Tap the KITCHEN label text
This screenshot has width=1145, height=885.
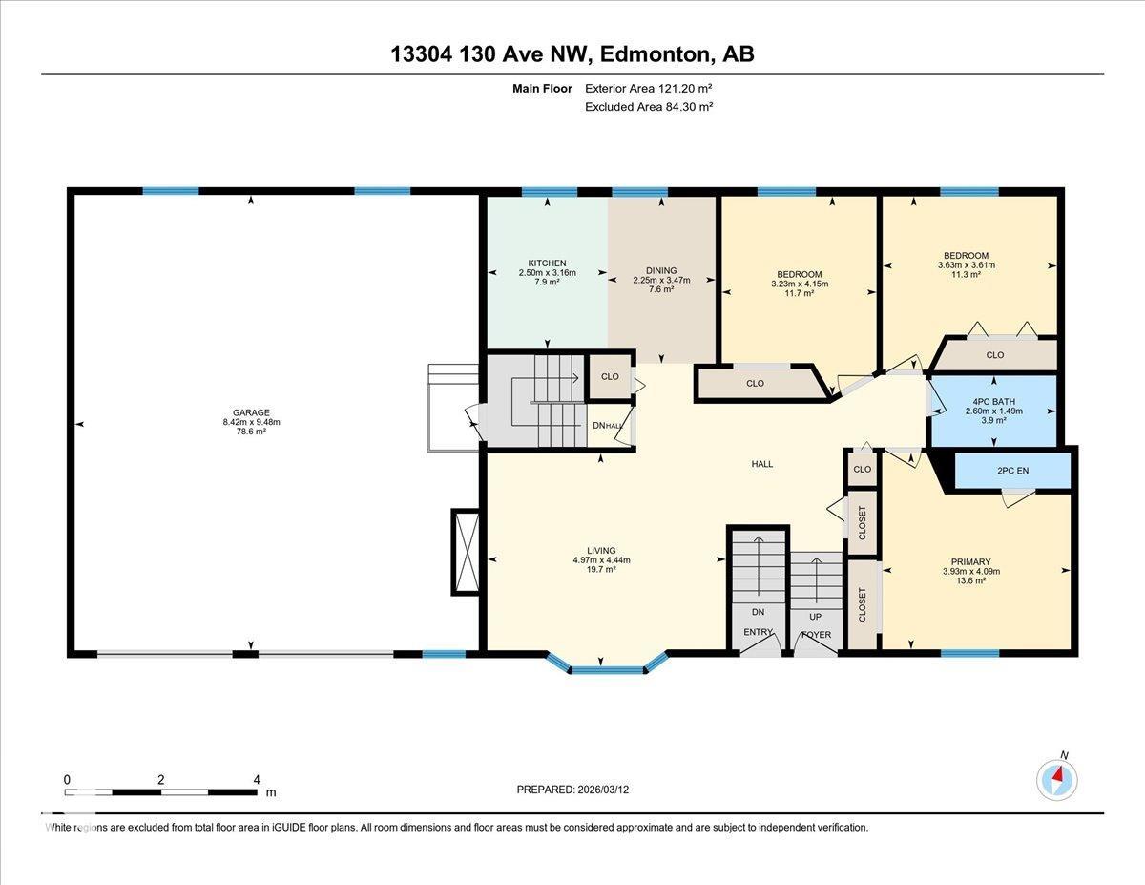[548, 263]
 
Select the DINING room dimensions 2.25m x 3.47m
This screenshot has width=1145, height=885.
[661, 280]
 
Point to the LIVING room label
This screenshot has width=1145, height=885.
[601, 551]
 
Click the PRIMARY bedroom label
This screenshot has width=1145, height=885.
[970, 562]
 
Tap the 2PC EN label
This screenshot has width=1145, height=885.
[1013, 470]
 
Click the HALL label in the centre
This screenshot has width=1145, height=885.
[761, 464]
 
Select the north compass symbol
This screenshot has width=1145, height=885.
[1057, 778]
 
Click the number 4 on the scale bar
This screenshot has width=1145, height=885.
[257, 779]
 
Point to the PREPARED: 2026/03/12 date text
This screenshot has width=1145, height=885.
[572, 790]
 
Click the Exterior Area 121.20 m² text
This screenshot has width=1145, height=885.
[649, 89]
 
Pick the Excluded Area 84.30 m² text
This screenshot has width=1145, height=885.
[649, 107]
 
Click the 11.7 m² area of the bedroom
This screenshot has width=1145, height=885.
[799, 294]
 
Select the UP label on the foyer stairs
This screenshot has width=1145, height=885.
[815, 617]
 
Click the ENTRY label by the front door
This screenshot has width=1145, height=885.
[760, 632]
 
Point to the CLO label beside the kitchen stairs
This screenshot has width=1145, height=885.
[610, 376]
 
